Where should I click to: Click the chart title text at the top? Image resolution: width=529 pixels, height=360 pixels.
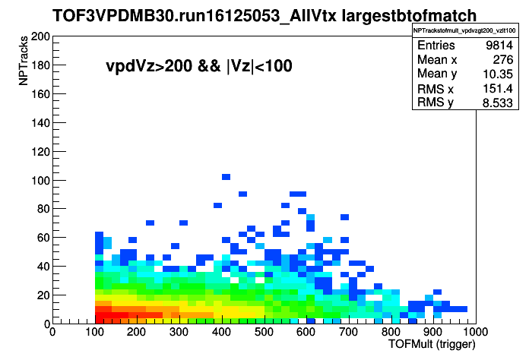point(264,15)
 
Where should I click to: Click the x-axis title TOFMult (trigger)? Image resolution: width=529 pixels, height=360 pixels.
point(432,345)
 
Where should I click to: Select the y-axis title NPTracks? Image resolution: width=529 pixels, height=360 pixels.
point(24,61)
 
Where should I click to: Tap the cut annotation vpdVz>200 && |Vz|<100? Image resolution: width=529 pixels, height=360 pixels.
point(198,66)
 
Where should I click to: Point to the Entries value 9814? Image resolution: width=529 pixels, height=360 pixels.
point(499,45)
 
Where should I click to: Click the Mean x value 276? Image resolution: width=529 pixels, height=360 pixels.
point(503,60)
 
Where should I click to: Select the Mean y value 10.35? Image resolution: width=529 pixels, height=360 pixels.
point(498,74)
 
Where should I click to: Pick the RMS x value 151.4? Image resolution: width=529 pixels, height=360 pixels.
point(498,89)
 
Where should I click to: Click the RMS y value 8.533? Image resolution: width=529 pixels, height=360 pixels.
point(498,103)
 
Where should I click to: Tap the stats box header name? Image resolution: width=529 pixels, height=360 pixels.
point(464,30)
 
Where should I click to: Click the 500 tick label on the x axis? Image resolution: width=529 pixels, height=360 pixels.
point(264,332)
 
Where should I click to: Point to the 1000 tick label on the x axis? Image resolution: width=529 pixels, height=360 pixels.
point(475,332)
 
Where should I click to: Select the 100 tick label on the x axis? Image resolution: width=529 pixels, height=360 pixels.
point(94,332)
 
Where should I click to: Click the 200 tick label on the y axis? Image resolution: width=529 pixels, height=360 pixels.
point(40,36)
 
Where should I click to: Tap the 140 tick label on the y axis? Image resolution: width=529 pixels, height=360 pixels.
point(40,123)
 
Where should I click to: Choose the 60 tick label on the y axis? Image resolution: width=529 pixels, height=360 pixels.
point(44,238)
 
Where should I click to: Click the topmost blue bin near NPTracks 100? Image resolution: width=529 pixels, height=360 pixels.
point(226,177)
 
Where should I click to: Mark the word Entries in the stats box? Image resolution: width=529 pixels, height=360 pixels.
point(436,45)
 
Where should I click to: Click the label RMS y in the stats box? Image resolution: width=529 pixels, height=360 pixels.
point(436,102)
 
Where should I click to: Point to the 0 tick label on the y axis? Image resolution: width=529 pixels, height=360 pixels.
point(47,324)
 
